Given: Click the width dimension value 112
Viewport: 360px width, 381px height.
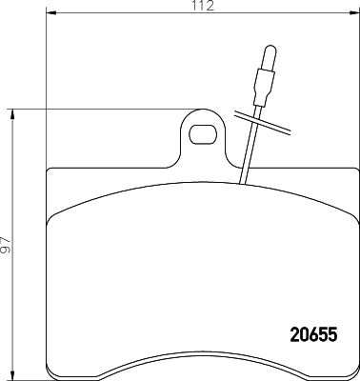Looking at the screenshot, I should [x=200, y=6].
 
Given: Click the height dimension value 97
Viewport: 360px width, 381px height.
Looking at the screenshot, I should [x=6, y=245].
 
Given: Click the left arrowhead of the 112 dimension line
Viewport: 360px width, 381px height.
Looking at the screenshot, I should [x=50, y=12].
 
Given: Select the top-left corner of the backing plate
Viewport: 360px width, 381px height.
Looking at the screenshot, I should [x=49, y=171].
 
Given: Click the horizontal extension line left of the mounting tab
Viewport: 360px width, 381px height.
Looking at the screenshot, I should [x=95, y=110].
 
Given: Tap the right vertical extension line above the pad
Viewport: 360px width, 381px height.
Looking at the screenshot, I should [x=353, y=95].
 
